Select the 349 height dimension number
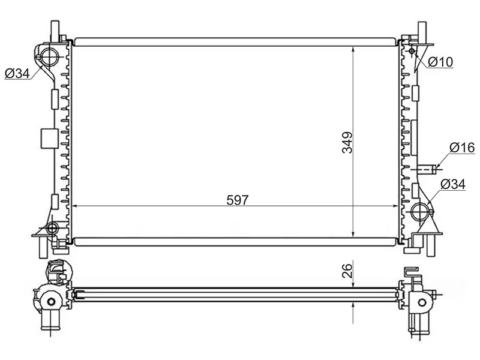click(x=346, y=142)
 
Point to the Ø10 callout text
click(x=440, y=62)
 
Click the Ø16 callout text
click(x=461, y=148)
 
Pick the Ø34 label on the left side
click(x=17, y=74)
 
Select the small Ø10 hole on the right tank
click(x=412, y=52)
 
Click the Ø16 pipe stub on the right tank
click(x=427, y=169)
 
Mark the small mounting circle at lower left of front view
click(x=52, y=228)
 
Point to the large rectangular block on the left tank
click(x=46, y=138)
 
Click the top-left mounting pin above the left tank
click(x=55, y=28)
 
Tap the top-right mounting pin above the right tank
click(x=422, y=28)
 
